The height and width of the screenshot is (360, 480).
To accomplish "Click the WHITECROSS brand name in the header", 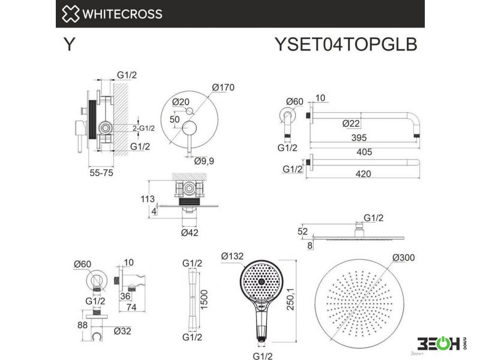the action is pyautogui.click(x=122, y=14).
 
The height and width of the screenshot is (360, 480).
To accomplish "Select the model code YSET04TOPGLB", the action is pyautogui.click(x=346, y=44).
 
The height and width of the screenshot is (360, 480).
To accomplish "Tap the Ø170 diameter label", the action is pyautogui.click(x=223, y=88).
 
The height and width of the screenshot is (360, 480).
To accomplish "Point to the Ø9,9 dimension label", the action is pyautogui.click(x=204, y=161).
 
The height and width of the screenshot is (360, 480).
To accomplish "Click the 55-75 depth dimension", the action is pyautogui.click(x=101, y=173).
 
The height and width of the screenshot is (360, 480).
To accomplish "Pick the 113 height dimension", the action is pyautogui.click(x=148, y=199).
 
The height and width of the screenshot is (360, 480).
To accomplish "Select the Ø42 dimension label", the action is pyautogui.click(x=190, y=233).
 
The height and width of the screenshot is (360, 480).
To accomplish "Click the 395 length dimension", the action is pyautogui.click(x=359, y=138).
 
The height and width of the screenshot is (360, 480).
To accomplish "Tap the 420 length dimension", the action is pyautogui.click(x=364, y=174).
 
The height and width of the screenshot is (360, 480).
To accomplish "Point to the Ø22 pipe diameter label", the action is pyautogui.click(x=351, y=124).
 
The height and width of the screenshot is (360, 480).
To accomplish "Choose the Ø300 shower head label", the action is pyautogui.click(x=404, y=258).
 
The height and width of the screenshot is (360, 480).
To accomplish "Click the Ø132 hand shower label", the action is pyautogui.click(x=232, y=256).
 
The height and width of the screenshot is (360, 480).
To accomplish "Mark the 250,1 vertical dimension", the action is pyautogui.click(x=290, y=299).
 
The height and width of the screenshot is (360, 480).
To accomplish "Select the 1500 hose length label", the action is pyautogui.click(x=204, y=299).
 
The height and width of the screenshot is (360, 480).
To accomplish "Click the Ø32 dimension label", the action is pyautogui.click(x=122, y=331).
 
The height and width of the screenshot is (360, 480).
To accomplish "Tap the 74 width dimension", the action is pyautogui.click(x=131, y=307).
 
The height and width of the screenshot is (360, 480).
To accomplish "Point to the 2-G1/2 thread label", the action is pyautogui.click(x=143, y=128).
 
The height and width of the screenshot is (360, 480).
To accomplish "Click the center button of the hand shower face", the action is pyautogui.click(x=262, y=281).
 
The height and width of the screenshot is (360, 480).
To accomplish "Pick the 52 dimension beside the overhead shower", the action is pyautogui.click(x=302, y=232).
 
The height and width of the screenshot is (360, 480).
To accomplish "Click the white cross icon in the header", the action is pyautogui.click(x=71, y=14).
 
